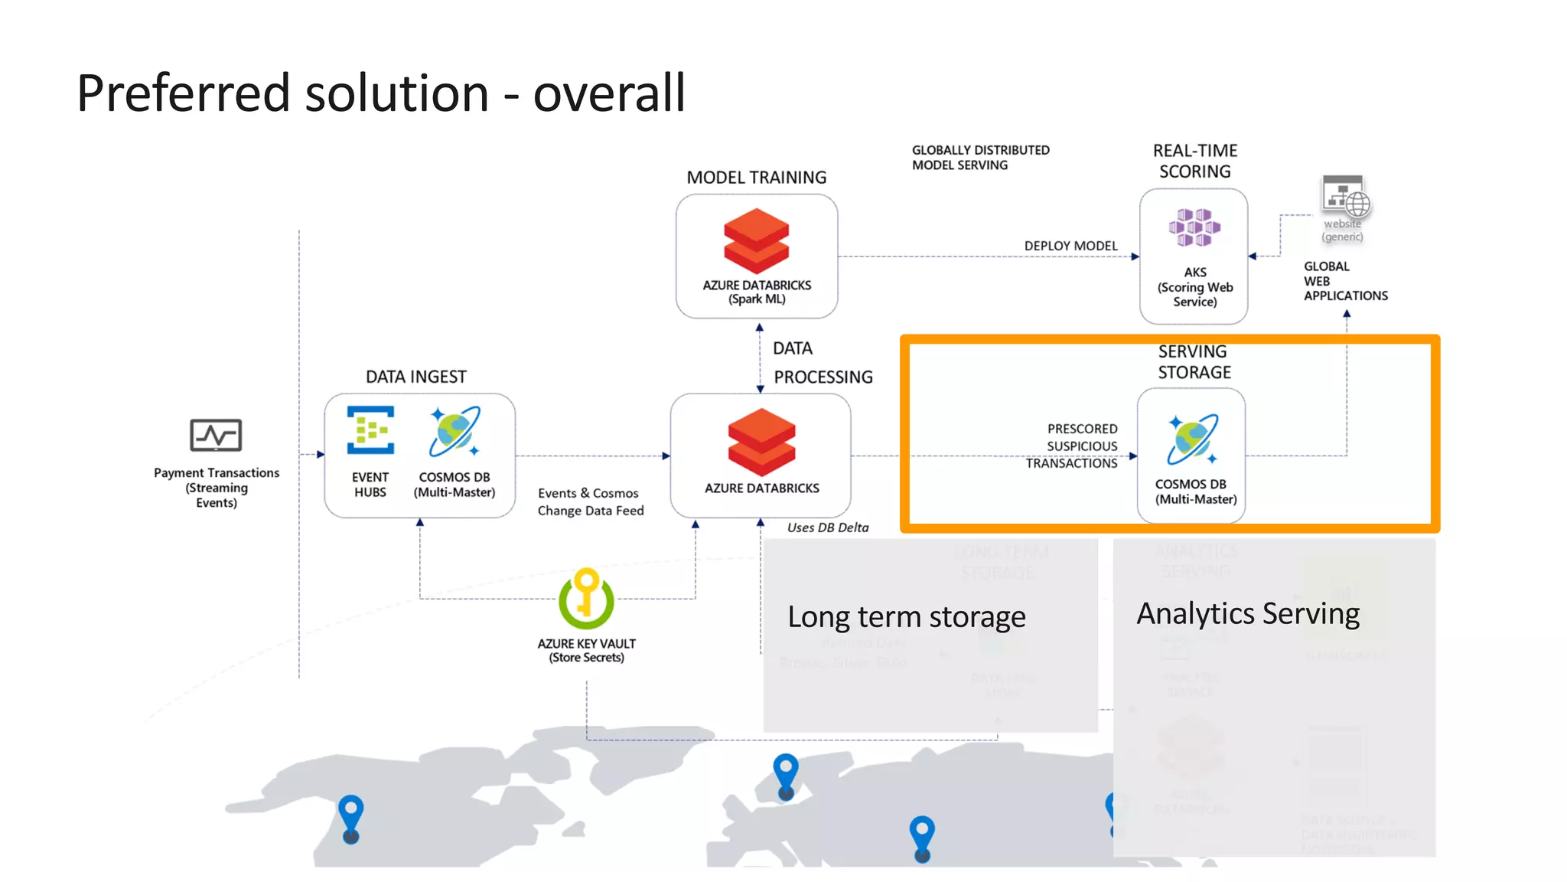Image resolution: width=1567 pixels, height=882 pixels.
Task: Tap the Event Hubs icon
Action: (370, 430)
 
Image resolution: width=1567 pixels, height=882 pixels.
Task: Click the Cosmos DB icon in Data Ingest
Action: (454, 431)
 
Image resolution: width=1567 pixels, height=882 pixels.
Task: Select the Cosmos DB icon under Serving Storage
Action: (1192, 439)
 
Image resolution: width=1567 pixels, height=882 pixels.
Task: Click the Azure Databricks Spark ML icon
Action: (756, 241)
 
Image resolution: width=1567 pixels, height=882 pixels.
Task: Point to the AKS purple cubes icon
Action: (1194, 227)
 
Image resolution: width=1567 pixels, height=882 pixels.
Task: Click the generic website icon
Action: (1344, 197)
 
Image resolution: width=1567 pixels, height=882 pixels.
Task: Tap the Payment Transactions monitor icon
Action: (216, 436)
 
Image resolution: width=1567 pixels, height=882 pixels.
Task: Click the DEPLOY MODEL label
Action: (1070, 246)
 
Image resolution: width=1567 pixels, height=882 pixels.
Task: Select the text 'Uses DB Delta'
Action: (827, 528)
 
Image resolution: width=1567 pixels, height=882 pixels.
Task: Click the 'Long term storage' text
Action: (906, 617)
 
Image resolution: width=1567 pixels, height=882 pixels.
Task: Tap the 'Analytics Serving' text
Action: (1247, 614)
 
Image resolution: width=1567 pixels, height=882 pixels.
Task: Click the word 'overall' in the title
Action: (608, 93)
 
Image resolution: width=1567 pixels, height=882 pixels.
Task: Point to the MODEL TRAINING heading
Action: (756, 178)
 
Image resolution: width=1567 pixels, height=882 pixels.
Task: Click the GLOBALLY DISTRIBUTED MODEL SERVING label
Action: (979, 158)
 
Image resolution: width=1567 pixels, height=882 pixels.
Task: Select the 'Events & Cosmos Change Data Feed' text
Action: (590, 502)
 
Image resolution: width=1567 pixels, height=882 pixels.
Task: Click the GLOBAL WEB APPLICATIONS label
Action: (1344, 281)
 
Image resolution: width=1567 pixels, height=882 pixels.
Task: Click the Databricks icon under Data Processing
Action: (761, 442)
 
